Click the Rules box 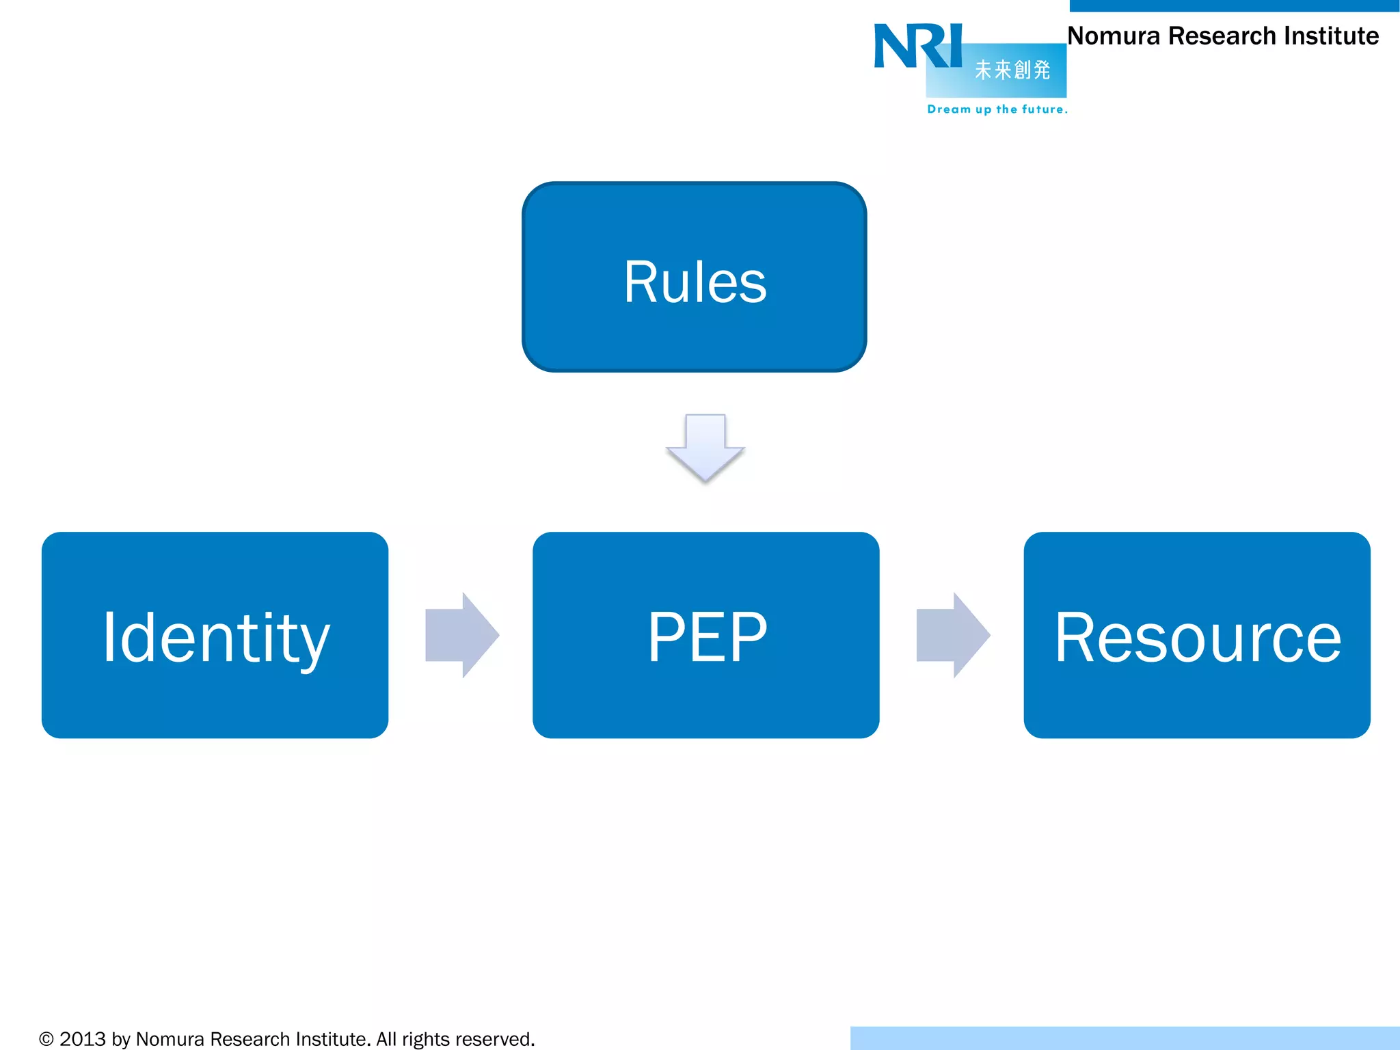pos(694,277)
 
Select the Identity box pos(215,635)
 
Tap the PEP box pos(705,635)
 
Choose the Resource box pos(1196,635)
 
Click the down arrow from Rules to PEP pos(705,448)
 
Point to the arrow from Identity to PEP pos(461,635)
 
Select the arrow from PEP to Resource pos(952,635)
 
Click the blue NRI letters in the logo pos(917,46)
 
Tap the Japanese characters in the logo pos(1012,70)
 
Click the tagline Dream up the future pos(997,109)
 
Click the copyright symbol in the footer pos(46,1040)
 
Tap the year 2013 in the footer pos(82,1040)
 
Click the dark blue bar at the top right pos(1234,5)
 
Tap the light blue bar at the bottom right pos(1125,1038)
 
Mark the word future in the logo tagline pos(1042,109)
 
